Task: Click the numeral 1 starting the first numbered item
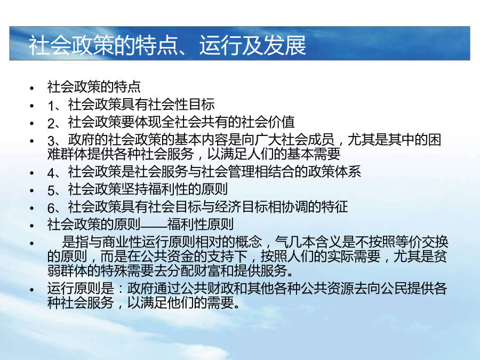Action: [x=51, y=106]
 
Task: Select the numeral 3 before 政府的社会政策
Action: [x=51, y=141]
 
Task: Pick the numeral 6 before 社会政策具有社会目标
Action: [x=51, y=208]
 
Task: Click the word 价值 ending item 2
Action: [x=281, y=122]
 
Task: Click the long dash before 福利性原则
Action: [x=154, y=225]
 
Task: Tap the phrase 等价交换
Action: [x=421, y=242]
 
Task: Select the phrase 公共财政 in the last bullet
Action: [x=207, y=289]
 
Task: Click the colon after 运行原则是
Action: [x=121, y=289]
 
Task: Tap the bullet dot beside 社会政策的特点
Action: [x=32, y=89]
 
